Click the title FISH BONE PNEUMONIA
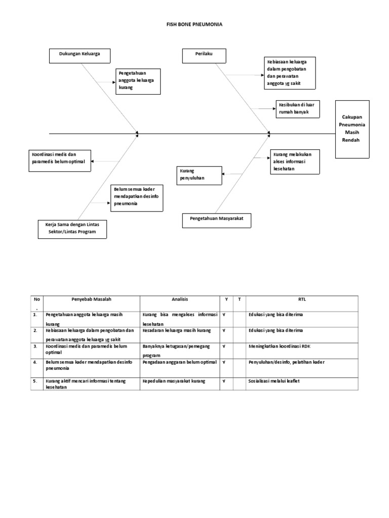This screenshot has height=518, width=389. coord(194,24)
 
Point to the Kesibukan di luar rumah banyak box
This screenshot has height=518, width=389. coord(297,109)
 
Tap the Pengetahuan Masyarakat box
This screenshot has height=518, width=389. coord(216,221)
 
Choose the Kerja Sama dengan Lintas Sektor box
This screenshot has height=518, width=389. coord(74,228)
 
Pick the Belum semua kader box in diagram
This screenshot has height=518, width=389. coord(137,197)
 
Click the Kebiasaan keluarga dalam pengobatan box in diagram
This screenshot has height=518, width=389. coord(290,73)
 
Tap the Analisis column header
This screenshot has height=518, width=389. coord(179,299)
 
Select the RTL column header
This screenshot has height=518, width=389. coord(302,299)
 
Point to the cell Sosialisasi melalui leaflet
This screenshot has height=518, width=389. coord(274,380)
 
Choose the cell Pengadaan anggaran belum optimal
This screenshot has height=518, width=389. coord(179,362)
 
